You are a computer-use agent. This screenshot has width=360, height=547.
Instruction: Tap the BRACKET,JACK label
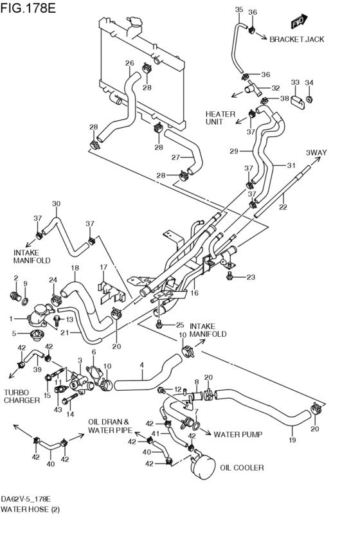(x=296, y=39)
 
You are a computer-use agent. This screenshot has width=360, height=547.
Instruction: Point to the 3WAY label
(x=316, y=152)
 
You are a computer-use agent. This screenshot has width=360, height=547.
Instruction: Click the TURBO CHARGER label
(x=21, y=395)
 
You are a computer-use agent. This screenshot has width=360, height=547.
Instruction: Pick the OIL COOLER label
(x=241, y=468)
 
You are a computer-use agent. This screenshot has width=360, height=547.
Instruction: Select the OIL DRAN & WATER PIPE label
(x=110, y=426)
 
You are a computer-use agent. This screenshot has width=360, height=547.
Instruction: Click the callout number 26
(x=129, y=64)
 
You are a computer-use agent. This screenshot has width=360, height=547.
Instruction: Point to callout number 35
(x=239, y=10)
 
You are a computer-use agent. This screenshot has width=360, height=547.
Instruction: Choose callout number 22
(x=282, y=208)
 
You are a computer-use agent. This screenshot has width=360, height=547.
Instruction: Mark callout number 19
(x=292, y=441)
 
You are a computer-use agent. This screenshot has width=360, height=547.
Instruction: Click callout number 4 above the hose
(x=141, y=366)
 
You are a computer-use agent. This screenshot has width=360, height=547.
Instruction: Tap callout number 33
(x=295, y=82)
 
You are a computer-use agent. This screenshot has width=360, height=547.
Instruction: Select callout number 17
(x=103, y=267)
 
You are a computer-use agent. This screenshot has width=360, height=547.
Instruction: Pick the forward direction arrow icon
(x=298, y=22)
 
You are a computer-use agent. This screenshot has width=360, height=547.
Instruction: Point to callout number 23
(x=251, y=278)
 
